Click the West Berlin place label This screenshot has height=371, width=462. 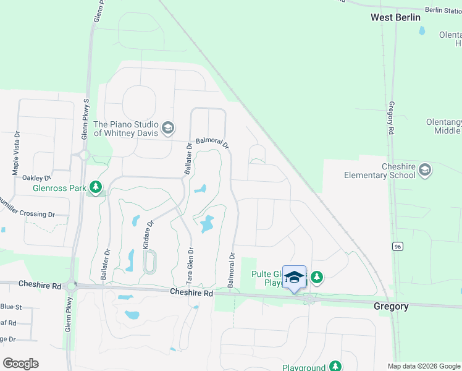(x=395, y=17)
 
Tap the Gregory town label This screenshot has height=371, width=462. (x=391, y=306)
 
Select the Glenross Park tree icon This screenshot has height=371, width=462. (x=96, y=186)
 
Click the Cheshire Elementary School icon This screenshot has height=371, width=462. (x=424, y=169)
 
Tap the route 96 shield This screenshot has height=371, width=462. (x=398, y=246)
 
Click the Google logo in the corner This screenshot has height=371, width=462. (x=20, y=364)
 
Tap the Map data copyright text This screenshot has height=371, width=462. (x=424, y=366)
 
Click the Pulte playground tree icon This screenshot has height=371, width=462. (x=317, y=277)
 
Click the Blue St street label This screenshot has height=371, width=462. (x=10, y=307)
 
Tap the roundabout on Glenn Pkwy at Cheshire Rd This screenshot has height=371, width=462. (x=73, y=286)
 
